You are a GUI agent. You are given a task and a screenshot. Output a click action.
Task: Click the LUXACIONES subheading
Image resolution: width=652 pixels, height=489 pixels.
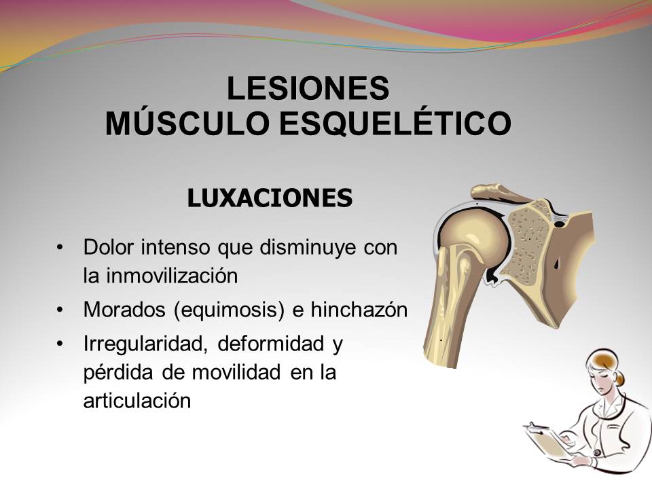(270, 198)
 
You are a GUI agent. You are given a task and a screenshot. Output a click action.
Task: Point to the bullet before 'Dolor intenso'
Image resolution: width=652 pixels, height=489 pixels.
(62, 247)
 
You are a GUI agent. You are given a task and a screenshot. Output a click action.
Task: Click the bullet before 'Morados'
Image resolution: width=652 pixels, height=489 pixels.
(62, 310)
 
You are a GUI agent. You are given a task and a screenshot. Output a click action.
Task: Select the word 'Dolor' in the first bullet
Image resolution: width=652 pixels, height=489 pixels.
(109, 247)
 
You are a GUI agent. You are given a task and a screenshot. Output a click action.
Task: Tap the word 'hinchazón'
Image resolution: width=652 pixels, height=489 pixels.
(359, 310)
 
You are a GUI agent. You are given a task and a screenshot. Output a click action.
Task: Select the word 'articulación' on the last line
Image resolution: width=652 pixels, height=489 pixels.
(137, 400)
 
